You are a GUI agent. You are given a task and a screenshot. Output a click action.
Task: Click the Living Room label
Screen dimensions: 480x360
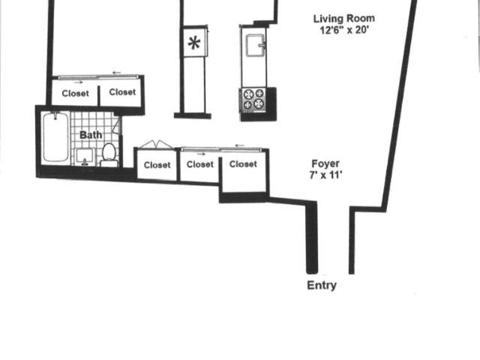coord(343,19)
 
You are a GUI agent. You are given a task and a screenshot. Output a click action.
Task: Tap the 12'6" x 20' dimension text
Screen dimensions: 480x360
coord(343,30)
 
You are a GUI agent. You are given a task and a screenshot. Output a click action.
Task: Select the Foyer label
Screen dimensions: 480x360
coord(325,163)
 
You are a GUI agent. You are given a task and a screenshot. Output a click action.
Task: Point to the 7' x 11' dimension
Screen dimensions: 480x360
coord(325,175)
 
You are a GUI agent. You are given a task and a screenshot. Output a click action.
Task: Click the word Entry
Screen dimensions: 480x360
coord(322,285)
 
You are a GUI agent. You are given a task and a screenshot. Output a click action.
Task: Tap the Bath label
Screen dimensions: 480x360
coord(91,135)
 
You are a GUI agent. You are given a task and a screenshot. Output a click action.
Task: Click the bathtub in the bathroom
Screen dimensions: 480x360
coord(55,136)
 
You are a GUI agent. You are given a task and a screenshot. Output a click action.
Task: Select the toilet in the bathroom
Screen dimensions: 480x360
coord(109,155)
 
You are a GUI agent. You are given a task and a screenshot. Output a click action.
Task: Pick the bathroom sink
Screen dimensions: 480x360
coord(85,157)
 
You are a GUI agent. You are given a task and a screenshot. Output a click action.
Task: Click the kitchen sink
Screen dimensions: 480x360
coord(255,45)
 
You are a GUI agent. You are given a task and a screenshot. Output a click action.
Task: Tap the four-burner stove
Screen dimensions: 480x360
coord(253,99)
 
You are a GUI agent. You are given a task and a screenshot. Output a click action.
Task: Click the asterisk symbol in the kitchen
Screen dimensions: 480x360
coord(194,43)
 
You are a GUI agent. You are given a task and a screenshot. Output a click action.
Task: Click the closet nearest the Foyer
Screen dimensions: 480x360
coord(244,172)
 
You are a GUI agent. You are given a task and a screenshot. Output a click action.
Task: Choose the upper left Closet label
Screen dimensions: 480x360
coord(75,93)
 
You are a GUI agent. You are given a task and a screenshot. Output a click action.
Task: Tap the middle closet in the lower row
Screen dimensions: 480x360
coord(199,166)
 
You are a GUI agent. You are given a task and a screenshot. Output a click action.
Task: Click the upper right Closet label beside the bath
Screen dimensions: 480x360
coord(122,92)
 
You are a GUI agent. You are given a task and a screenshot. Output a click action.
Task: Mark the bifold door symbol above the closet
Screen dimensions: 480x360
coord(157,145)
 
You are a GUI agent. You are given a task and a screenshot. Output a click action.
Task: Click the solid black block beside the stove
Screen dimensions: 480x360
coord(271,103)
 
